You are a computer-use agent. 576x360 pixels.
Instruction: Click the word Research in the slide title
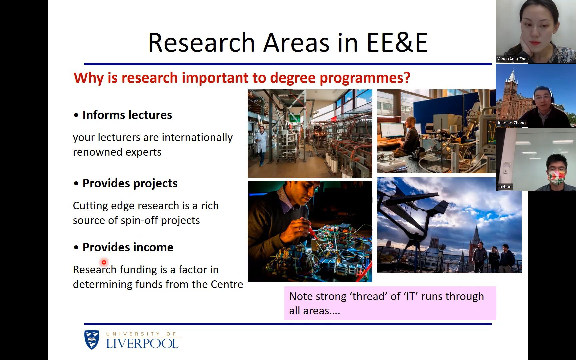pyautogui.click(x=202, y=42)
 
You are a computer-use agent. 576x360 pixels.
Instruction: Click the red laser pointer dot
pyautogui.click(x=104, y=262)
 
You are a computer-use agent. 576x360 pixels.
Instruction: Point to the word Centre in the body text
pyautogui.click(x=227, y=284)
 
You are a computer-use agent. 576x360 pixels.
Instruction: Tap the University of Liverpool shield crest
pyautogui.click(x=92, y=340)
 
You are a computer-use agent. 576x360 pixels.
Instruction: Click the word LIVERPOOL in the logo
pyautogui.click(x=142, y=343)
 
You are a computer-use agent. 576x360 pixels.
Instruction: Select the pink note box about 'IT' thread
pyautogui.click(x=390, y=303)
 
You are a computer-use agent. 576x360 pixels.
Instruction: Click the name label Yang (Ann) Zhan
pyautogui.click(x=513, y=59)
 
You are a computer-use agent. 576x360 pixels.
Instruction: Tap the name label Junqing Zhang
pyautogui.click(x=511, y=123)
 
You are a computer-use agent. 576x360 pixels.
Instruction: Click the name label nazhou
pyautogui.click(x=504, y=187)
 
